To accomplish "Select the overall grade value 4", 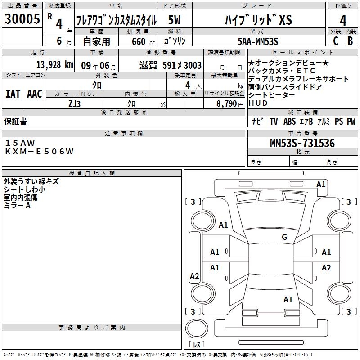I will click(x=343, y=20).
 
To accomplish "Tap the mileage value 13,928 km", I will click(x=54, y=65).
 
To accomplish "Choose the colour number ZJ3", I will click(x=74, y=103).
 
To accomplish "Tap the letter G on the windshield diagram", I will click(x=284, y=237).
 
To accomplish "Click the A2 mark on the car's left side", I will click(x=194, y=276).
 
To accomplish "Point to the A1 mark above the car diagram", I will click(x=321, y=184).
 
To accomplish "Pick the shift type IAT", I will click(x=13, y=94).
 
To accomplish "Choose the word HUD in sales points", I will click(x=258, y=103).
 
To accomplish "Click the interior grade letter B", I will click(x=350, y=41).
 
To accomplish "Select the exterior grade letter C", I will click(x=335, y=41).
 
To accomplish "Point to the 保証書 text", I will click(x=15, y=121).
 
